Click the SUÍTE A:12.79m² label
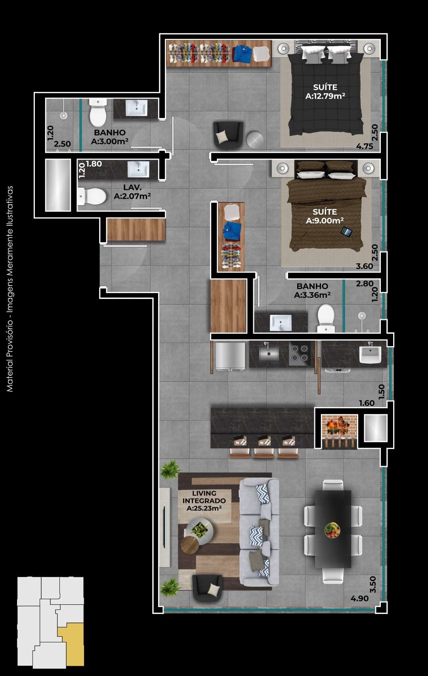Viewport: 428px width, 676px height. pos(325,91)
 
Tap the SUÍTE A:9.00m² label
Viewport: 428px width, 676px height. pos(325,216)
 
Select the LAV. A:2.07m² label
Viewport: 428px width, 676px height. pos(132,192)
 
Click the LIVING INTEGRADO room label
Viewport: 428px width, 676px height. pos(204,501)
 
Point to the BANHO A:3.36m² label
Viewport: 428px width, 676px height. pos(312,290)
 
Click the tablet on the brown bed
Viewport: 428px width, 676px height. pos(346,232)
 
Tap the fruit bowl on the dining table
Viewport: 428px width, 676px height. pos(332,530)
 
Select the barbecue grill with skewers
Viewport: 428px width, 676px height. pos(339,430)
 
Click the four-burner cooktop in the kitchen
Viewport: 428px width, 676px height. pos(300,353)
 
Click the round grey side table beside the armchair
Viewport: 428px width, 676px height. pos(254,140)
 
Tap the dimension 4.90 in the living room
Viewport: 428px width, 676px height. pos(359,598)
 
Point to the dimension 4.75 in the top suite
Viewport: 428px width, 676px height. pos(364,146)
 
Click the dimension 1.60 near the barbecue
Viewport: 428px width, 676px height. pos(367,403)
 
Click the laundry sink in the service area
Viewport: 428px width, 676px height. pos(370,354)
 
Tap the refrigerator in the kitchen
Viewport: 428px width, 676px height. pos(230,356)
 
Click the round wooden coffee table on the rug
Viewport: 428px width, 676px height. pos(190,545)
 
